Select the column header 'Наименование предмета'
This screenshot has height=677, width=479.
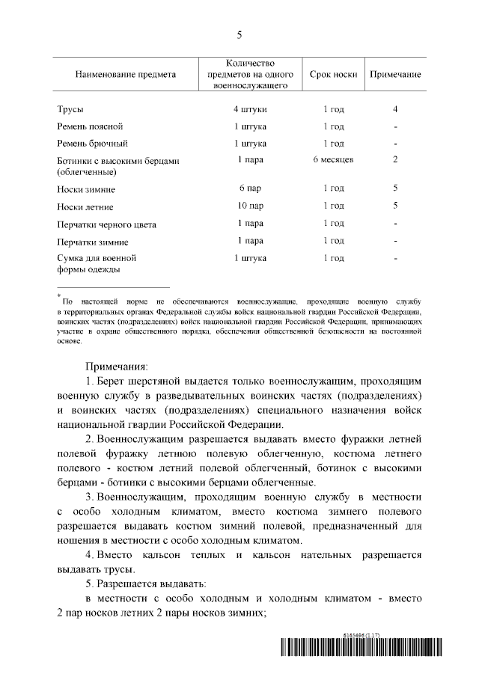tap(125, 75)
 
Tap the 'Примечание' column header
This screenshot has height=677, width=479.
tap(394, 75)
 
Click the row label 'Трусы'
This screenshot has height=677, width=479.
tap(70, 110)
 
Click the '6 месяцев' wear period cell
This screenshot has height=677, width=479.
tap(333, 159)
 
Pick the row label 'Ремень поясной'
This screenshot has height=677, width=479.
tap(90, 126)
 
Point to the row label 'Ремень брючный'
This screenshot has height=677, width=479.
tap(92, 143)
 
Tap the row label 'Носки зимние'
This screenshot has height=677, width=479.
tap(86, 190)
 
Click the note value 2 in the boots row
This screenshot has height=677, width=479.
tap(394, 159)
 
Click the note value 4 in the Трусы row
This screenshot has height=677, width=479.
tap(394, 109)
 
